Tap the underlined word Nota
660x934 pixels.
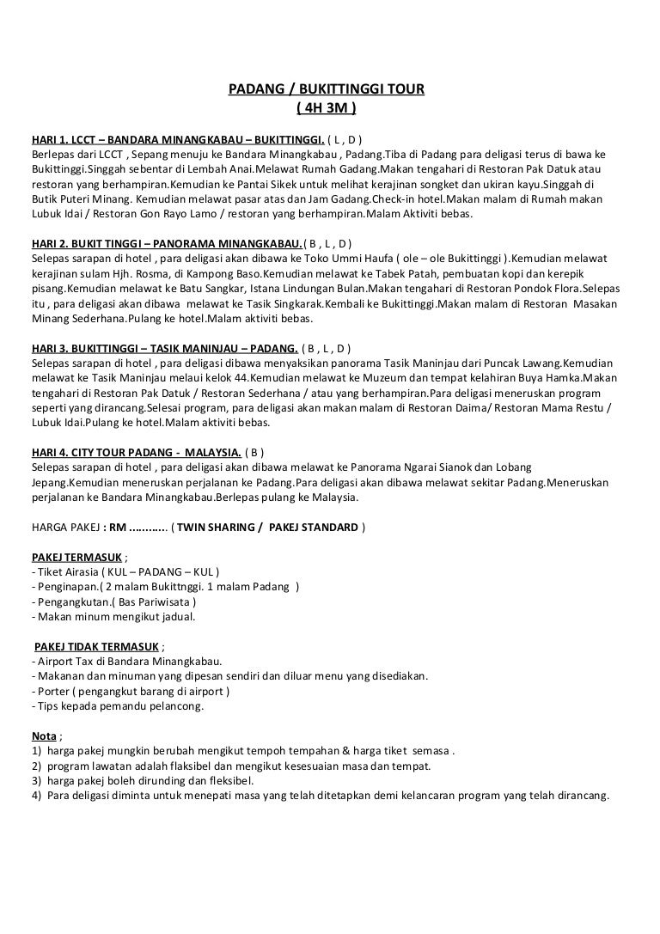click(x=43, y=736)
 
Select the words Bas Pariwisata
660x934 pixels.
click(x=151, y=601)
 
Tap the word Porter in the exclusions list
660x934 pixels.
click(x=50, y=692)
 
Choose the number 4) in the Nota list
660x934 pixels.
click(x=35, y=796)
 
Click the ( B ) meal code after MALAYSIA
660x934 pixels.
click(x=254, y=452)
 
